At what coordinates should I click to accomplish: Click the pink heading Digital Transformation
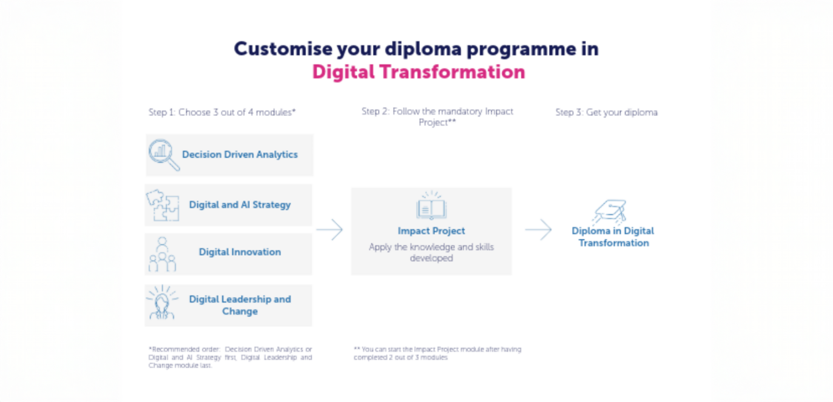pyautogui.click(x=419, y=72)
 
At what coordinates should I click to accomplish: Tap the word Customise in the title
pyautogui.click(x=283, y=49)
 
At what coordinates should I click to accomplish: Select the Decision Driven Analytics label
pyautogui.click(x=240, y=155)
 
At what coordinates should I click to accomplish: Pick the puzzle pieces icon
pyautogui.click(x=163, y=205)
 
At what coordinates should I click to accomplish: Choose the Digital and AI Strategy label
pyautogui.click(x=240, y=205)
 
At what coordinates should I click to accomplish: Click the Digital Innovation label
pyautogui.click(x=240, y=252)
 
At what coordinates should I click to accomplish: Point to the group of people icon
pyautogui.click(x=162, y=254)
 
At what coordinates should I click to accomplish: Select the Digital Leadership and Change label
pyautogui.click(x=240, y=305)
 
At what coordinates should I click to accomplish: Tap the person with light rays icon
pyautogui.click(x=162, y=302)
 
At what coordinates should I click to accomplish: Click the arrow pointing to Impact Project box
pyautogui.click(x=329, y=230)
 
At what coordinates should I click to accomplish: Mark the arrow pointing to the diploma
pyautogui.click(x=539, y=230)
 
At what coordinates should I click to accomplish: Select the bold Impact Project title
pyautogui.click(x=431, y=231)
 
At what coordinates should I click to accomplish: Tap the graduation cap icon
pyautogui.click(x=610, y=212)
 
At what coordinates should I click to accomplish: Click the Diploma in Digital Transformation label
pyautogui.click(x=613, y=236)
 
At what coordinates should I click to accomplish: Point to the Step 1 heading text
pyautogui.click(x=222, y=112)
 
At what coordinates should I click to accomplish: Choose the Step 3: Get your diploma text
pyautogui.click(x=607, y=112)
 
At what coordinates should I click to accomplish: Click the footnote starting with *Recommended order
pyautogui.click(x=230, y=357)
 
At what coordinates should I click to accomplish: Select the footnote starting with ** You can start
pyautogui.click(x=437, y=353)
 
